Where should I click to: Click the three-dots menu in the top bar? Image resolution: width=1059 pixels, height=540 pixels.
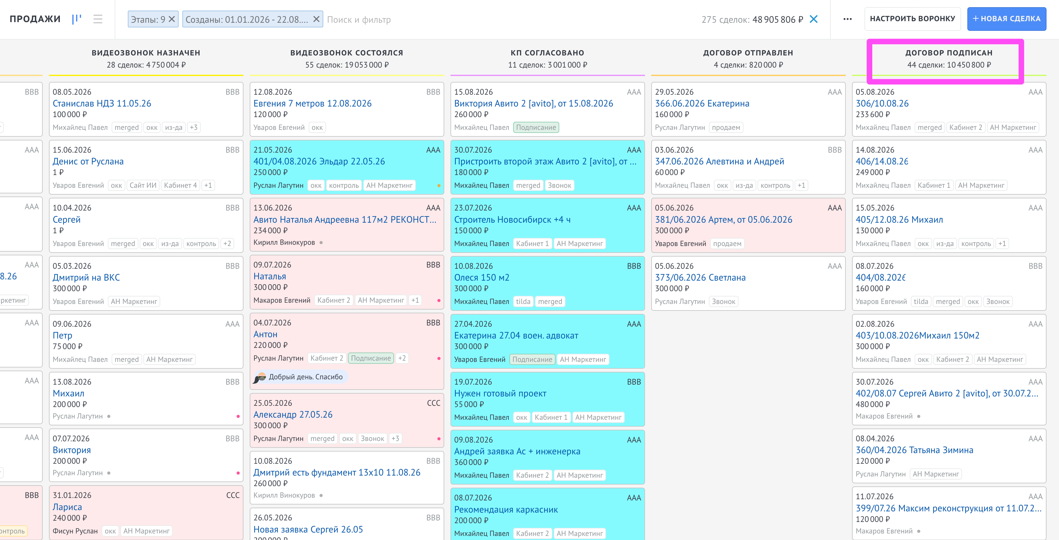(847, 19)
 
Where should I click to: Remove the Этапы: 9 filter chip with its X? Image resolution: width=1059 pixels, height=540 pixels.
(172, 19)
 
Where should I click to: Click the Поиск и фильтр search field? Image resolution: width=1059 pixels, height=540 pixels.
(359, 20)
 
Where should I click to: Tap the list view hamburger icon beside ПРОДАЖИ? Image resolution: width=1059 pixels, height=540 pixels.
(98, 19)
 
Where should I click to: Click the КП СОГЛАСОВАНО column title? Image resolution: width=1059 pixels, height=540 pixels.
(547, 53)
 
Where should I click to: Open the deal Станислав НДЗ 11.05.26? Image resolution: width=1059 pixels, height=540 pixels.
(102, 103)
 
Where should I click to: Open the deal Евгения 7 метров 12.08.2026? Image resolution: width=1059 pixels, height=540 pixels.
(312, 103)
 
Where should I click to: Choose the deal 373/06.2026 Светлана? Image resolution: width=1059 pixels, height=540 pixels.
(700, 277)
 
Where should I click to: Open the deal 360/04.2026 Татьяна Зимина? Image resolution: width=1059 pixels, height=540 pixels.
(914, 450)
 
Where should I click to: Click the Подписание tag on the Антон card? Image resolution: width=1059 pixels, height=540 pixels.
(371, 358)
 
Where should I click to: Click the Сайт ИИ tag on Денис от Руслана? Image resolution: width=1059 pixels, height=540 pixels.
(143, 185)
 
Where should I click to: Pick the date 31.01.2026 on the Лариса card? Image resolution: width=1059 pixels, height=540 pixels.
(72, 495)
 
